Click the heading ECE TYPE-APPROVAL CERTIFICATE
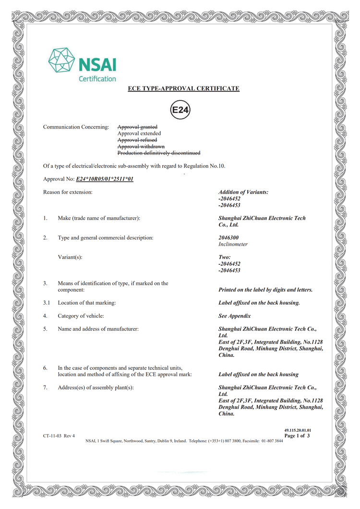[x=183, y=89]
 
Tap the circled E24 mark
[x=180, y=111]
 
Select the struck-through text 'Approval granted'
[x=137, y=127]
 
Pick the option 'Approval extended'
[x=139, y=133]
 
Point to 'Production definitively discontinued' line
[x=159, y=153]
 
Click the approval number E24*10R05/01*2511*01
[x=105, y=179]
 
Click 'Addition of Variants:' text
[x=243, y=192]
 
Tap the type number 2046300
[x=228, y=237]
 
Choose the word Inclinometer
[x=233, y=244]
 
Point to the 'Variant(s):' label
[x=70, y=257]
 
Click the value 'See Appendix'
[x=234, y=316]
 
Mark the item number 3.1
[x=46, y=303]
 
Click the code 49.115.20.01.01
[x=298, y=430]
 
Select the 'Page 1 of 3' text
[x=297, y=436]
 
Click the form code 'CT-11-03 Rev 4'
[x=59, y=436]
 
